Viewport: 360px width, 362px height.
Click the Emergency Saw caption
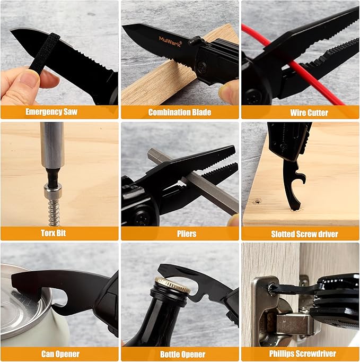[x=59, y=112]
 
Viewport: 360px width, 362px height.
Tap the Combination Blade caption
[x=180, y=112]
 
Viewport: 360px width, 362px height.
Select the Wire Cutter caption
[x=301, y=113]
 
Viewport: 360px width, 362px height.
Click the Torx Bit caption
[x=59, y=234]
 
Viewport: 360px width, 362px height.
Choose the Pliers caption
[x=180, y=234]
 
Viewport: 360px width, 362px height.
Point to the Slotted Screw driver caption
[x=301, y=234]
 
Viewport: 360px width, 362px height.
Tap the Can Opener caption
[x=59, y=354]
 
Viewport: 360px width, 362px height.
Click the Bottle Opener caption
[x=180, y=354]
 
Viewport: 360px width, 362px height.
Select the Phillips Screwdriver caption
[x=301, y=354]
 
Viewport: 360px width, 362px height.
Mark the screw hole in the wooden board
[x=258, y=202]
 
